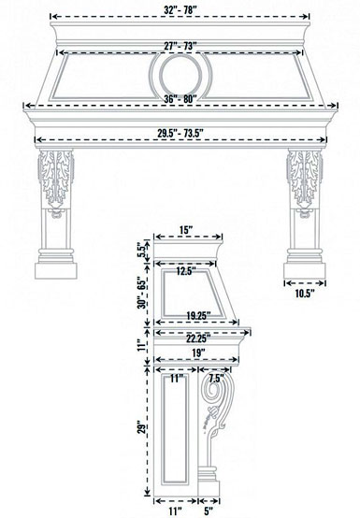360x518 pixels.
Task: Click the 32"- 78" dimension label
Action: pyautogui.click(x=180, y=8)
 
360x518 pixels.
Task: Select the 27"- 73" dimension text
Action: pyautogui.click(x=180, y=44)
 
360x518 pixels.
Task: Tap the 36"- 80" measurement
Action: pyautogui.click(x=180, y=100)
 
